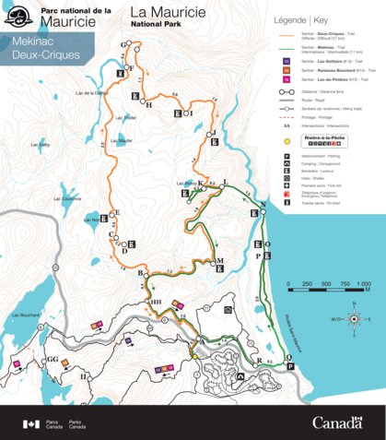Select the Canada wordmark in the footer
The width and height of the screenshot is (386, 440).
tap(336, 422)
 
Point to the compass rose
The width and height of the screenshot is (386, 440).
tap(352, 319)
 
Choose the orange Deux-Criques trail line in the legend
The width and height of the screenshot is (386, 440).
tap(286, 33)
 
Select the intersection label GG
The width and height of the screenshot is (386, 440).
tap(53, 359)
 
